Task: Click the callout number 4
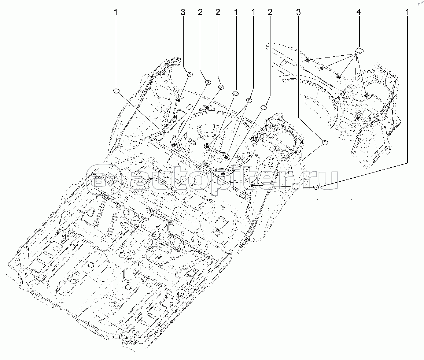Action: coord(358,12)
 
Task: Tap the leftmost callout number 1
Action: coord(116,12)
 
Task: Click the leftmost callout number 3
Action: coord(182,12)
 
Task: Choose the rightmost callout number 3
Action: coord(299,12)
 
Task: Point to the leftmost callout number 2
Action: coord(200,12)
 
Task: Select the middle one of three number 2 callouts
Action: coord(218,12)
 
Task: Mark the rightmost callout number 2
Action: coord(270,12)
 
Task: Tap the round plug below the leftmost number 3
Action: coord(190,74)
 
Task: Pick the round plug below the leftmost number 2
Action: coord(207,82)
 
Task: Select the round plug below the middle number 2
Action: coord(221,87)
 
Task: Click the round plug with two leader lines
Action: coord(249,100)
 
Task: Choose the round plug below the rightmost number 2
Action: coord(263,107)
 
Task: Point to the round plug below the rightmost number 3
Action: coord(324,142)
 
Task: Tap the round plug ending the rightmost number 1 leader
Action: coord(317,188)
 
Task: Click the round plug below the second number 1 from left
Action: coord(235,94)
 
